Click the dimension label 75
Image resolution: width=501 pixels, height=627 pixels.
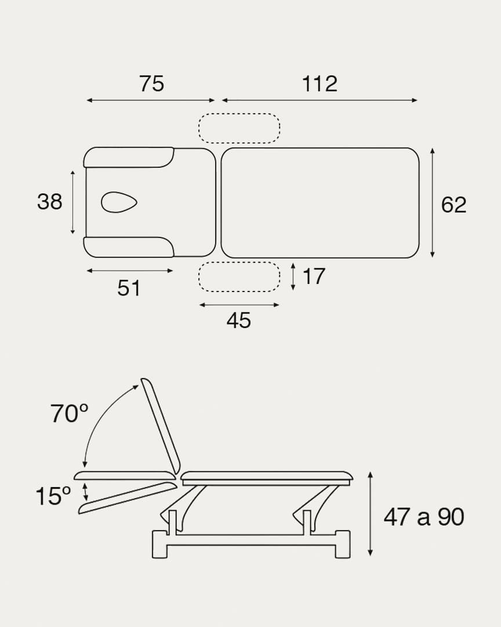(151, 84)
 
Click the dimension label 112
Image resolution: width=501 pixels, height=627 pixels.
(320, 84)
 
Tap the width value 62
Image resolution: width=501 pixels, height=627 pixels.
(453, 205)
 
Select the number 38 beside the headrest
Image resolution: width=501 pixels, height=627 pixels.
(49, 201)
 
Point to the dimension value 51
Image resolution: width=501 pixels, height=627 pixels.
(129, 288)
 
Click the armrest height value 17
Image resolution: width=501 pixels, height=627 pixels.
(314, 276)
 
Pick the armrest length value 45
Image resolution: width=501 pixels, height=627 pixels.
(239, 320)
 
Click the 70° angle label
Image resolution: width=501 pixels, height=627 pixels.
(69, 413)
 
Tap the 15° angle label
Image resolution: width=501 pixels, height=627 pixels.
(53, 496)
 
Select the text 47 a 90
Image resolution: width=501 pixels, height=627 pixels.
(424, 517)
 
